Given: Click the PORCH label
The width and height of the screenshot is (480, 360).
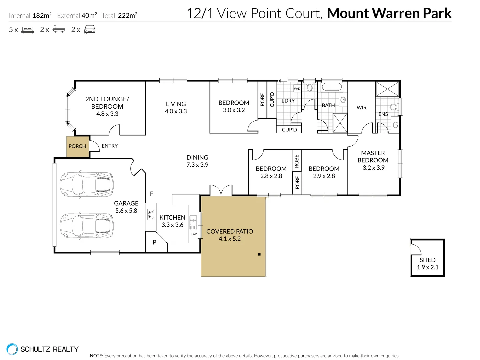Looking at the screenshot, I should pos(77,146).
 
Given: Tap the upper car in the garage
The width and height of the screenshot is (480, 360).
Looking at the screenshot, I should pos(87,185).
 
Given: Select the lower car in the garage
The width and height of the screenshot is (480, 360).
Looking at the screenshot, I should pos(87,226).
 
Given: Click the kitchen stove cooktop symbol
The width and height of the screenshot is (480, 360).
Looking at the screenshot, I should pos(151,214).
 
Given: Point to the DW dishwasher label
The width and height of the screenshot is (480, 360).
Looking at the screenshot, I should pos(194,234).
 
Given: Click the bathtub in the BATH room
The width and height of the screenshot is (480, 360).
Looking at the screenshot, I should pos(331,87).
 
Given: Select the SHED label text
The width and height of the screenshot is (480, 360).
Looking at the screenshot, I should pos(427,260).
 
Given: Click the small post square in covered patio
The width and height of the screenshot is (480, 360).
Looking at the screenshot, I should pos(259,254).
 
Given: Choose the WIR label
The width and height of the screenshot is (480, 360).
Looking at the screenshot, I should pos(361,107).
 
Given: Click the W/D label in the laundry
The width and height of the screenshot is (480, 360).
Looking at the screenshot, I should pos(297,89).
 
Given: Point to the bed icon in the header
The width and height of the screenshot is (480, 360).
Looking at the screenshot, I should pos(28,30).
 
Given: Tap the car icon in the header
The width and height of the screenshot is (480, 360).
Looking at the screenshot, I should pos(90,30).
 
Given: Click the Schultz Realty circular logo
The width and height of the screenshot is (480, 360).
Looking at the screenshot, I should pos(12,349).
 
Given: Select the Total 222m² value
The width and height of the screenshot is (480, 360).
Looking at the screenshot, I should pos(127,15).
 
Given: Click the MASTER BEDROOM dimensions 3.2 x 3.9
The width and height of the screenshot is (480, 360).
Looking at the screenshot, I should pos(373,168).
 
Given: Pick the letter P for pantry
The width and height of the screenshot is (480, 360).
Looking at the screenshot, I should pos(154,242).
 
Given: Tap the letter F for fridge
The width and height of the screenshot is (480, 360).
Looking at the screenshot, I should pos(152,194).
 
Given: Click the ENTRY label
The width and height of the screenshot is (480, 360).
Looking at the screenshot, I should pos(110,146).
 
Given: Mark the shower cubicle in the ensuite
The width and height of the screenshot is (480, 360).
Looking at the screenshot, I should pos(387,89).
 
